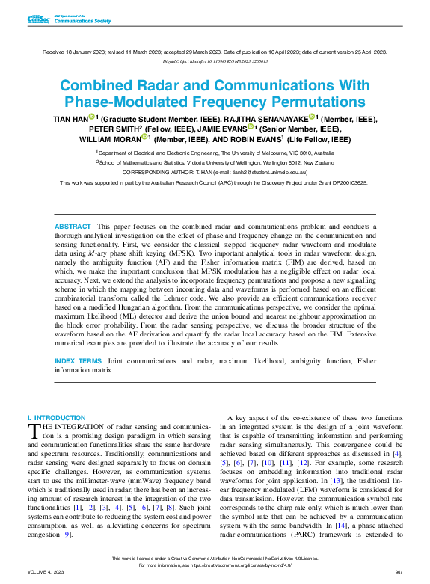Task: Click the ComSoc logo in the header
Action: pos(37,19)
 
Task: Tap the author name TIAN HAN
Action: pos(69,118)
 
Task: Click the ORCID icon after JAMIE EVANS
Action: pos(250,128)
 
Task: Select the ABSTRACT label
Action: pos(73,226)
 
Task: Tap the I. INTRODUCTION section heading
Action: pos(56,417)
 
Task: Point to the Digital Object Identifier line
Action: pos(215,61)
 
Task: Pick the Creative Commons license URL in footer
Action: pos(243,565)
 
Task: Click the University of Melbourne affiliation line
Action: pos(218,151)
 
